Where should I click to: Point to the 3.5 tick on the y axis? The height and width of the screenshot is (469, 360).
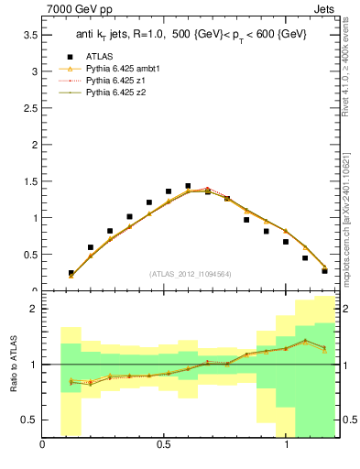(29, 35)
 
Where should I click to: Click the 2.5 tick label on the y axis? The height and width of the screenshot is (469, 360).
(29, 108)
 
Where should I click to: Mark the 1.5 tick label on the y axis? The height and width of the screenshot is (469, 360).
(29, 181)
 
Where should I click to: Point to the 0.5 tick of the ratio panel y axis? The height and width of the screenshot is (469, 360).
(29, 420)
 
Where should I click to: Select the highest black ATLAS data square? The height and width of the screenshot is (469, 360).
(188, 186)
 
